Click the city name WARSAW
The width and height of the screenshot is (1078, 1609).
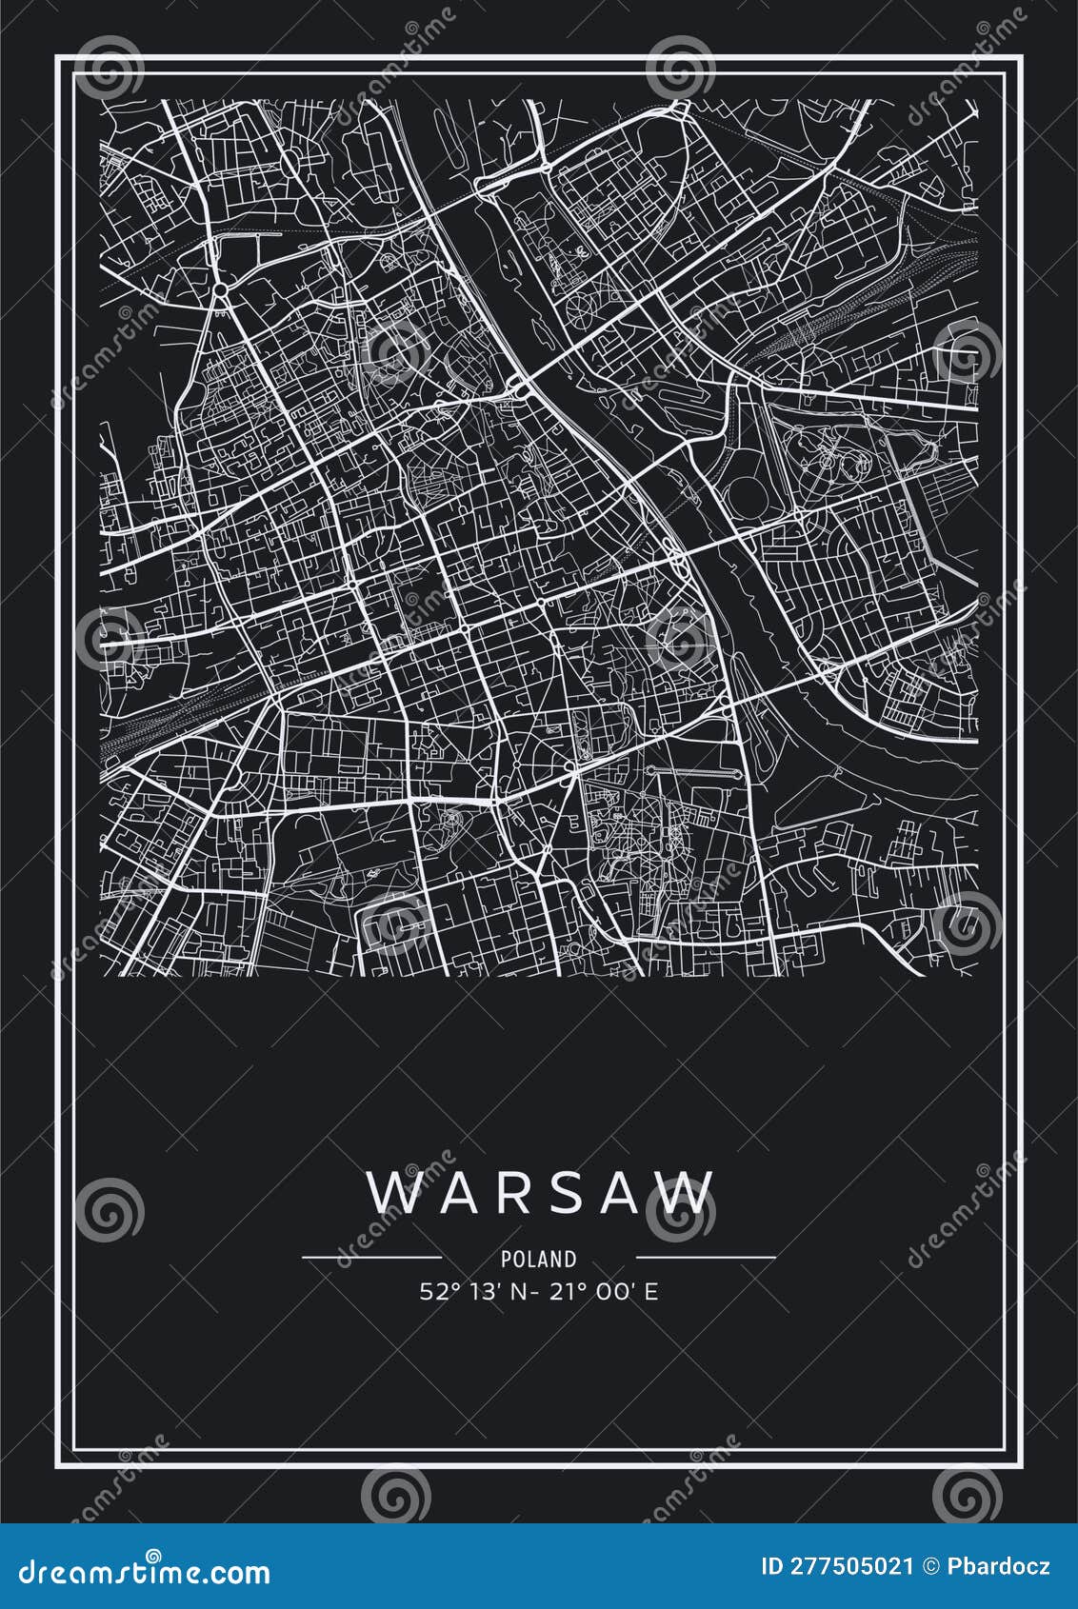[x=540, y=1193]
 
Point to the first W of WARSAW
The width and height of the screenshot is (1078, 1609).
[x=391, y=1193]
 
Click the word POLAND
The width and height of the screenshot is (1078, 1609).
[x=539, y=1259]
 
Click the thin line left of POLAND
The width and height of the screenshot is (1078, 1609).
[x=371, y=1258]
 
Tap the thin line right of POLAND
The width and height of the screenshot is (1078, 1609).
[x=706, y=1258]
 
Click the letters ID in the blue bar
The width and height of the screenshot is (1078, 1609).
[x=772, y=1566]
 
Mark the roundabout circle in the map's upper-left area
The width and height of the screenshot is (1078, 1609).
[x=219, y=287]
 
